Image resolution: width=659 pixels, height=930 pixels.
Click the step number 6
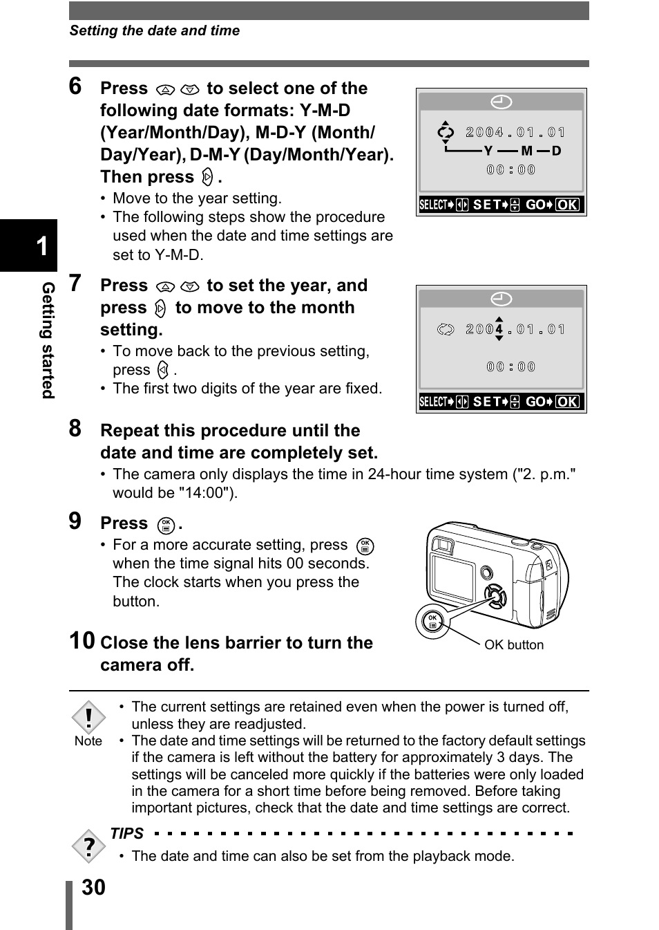point(75,86)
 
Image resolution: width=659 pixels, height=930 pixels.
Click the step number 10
point(82,640)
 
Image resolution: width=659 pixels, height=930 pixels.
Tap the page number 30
point(93,888)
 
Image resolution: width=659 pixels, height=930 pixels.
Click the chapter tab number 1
point(41,245)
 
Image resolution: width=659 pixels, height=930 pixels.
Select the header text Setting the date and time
point(155,31)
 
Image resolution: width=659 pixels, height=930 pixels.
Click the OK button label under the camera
point(513,645)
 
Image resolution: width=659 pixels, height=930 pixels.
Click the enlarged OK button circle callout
point(432,621)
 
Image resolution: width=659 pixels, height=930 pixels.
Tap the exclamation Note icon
point(88,718)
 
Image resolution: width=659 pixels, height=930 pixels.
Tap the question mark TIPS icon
point(88,846)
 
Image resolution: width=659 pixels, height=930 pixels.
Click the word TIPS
point(127,834)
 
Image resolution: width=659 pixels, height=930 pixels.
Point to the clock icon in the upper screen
point(502,102)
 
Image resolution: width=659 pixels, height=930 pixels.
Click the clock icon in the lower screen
point(502,299)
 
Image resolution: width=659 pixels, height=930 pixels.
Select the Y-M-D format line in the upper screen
point(522,151)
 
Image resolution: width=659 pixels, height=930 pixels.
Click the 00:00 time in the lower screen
point(511,367)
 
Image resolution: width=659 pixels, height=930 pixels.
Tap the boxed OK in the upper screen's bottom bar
point(568,205)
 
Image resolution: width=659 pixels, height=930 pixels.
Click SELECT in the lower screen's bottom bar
point(434,402)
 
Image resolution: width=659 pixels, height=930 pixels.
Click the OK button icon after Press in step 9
point(166,525)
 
